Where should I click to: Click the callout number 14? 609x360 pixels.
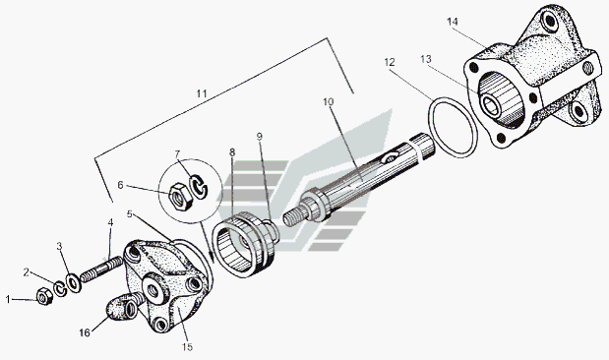(453, 22)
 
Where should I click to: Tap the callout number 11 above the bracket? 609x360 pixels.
(202, 94)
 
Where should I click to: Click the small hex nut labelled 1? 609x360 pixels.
(44, 297)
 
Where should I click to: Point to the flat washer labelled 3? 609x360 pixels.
(73, 283)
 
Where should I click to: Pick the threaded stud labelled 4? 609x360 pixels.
(101, 270)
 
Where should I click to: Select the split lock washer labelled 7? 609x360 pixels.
(198, 186)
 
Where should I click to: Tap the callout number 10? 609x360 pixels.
(329, 101)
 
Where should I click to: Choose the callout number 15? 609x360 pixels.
(187, 347)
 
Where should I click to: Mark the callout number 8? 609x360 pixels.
(232, 152)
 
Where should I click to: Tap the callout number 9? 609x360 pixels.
(260, 137)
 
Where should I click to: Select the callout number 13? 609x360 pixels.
(426, 59)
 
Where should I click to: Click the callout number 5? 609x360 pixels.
(130, 214)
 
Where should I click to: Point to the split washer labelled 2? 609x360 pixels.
(60, 289)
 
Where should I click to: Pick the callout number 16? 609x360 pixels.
(85, 332)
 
